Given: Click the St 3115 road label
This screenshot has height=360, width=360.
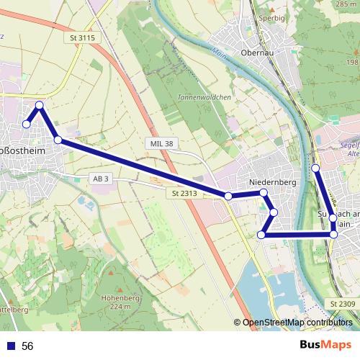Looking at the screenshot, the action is tap(84, 37).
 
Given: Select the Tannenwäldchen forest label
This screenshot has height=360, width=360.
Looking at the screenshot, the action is tap(194, 96).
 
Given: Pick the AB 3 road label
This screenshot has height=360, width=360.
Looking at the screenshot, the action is tap(100, 178).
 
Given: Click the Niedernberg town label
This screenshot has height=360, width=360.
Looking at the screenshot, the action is tap(273, 183).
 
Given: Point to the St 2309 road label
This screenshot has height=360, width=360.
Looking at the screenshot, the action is tap(343, 305).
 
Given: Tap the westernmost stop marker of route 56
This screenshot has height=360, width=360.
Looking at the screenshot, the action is tap(26, 125).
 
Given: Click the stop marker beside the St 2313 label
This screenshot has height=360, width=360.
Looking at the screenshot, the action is tap(228, 196).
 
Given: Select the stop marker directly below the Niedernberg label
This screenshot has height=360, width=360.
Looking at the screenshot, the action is tap(264, 193).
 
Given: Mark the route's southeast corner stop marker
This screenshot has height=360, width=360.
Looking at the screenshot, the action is tap(333, 235).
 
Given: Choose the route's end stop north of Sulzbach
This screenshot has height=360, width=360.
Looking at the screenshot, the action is tap(315, 168).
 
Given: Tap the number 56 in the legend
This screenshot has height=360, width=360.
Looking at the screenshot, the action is tap(28, 346).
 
